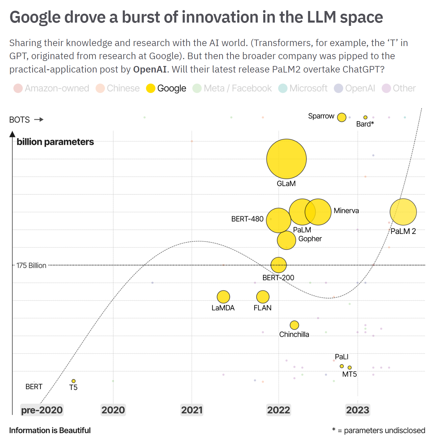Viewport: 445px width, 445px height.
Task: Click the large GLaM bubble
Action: coord(286,159)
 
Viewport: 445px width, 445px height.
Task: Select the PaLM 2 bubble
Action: coord(403,212)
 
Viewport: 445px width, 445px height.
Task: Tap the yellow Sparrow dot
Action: coord(342,117)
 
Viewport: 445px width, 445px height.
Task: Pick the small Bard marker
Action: coord(365,117)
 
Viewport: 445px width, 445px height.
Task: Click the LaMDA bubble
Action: coord(223,297)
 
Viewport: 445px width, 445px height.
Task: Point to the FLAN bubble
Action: coord(263,297)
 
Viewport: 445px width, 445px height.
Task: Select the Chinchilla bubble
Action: coord(294,325)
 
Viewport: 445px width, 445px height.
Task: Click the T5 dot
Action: coord(73,381)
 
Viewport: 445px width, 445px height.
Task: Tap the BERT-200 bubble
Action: coord(279,265)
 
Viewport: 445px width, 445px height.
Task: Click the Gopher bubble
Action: coord(286,240)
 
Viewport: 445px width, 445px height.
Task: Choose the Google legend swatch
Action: coord(151,88)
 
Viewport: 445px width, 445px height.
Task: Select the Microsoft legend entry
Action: coord(303,88)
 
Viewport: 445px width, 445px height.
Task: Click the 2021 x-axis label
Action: coord(192,410)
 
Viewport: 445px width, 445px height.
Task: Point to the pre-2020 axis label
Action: coord(42,410)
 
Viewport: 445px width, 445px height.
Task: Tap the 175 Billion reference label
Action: coord(31,265)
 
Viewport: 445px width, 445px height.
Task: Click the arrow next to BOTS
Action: coord(39,119)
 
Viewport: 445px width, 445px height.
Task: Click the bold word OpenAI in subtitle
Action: coord(150,69)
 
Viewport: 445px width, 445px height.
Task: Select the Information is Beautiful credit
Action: coord(50,430)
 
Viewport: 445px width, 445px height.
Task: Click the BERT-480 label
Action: coord(247,219)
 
